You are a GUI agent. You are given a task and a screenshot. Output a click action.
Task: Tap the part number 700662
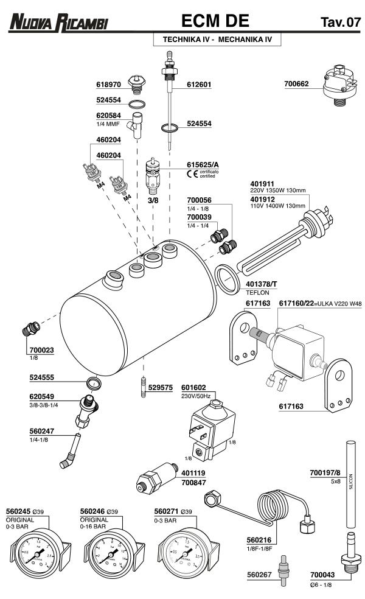(x=297, y=85)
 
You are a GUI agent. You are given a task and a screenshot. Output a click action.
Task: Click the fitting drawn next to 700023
(x=30, y=328)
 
